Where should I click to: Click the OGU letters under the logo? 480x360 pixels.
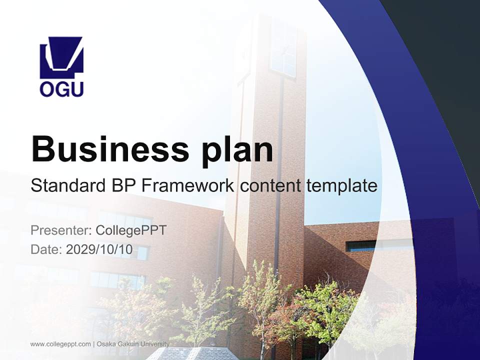coord(61,89)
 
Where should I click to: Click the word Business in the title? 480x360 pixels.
coord(110,149)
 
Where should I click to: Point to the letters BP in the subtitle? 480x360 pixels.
coord(123,186)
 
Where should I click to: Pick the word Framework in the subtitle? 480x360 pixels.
coord(188,186)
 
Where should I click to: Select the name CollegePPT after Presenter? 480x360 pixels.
coord(130,230)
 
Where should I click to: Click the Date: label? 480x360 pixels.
coord(46,249)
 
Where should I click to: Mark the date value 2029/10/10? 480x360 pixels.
coord(99,249)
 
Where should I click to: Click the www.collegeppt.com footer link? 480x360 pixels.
coord(60,344)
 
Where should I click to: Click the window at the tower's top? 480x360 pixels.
coord(283,50)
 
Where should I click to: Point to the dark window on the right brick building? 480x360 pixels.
coord(361,245)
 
